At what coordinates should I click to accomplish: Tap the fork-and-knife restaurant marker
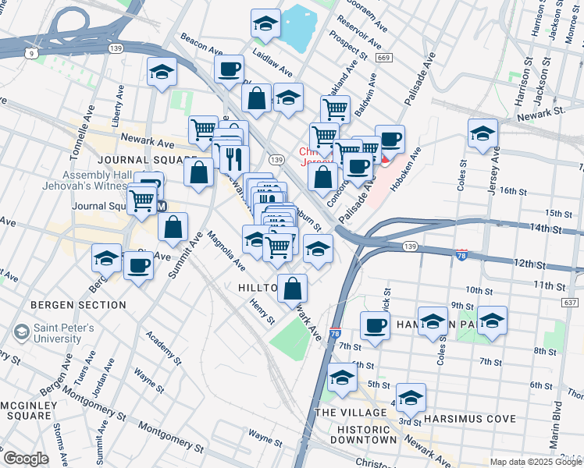(234, 159)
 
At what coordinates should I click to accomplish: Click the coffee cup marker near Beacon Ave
(229, 69)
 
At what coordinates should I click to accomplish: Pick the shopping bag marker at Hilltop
(292, 289)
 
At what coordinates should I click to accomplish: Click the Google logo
(26, 458)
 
